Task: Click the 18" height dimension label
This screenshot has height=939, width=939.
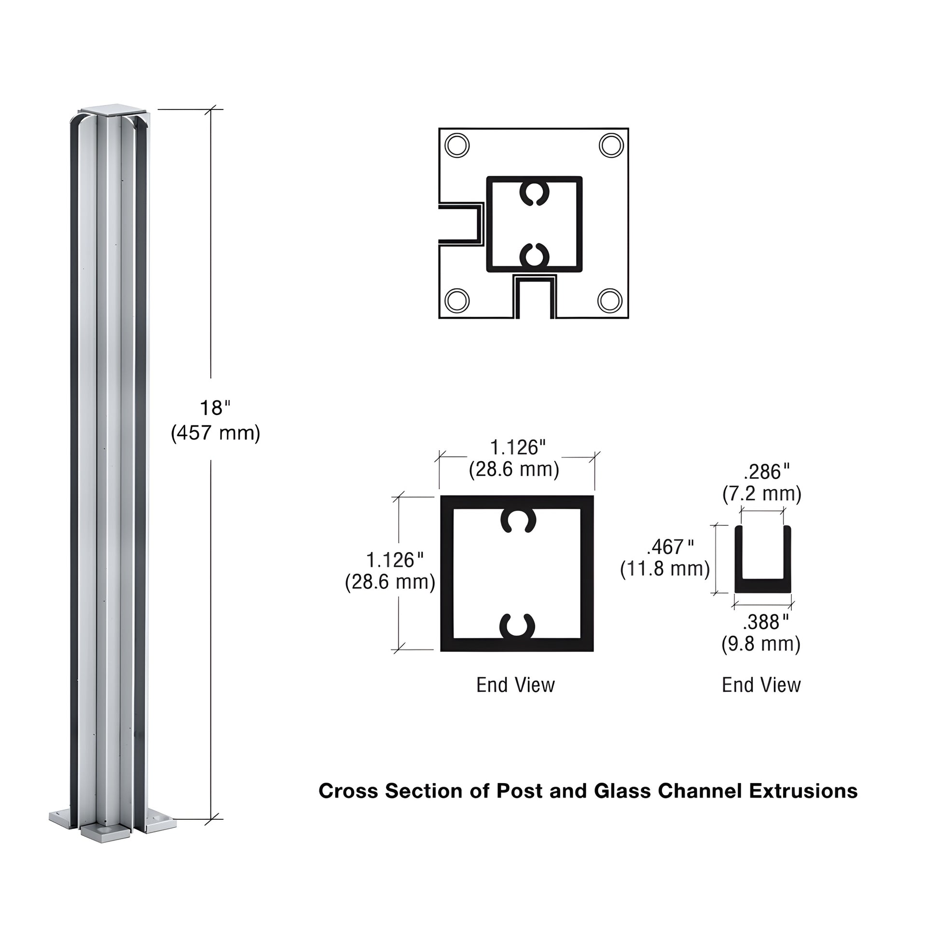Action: tap(214, 408)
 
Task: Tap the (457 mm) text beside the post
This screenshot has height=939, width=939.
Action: tap(215, 432)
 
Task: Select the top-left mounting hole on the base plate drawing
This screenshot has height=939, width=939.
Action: tap(457, 145)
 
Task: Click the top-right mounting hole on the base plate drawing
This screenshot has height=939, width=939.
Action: tap(611, 145)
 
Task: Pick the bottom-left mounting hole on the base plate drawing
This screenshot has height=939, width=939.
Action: tap(457, 300)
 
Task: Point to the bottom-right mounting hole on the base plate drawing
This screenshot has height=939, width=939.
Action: tap(610, 300)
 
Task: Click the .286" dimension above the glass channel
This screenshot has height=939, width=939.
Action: tap(766, 472)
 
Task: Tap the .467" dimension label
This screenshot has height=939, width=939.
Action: tap(670, 547)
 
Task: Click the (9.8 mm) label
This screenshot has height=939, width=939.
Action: tap(760, 644)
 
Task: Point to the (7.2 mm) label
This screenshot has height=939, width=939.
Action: tap(761, 494)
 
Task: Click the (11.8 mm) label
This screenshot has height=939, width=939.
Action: tap(665, 568)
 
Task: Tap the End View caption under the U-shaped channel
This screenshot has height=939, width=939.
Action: tap(761, 685)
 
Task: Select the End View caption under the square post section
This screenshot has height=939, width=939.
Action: tap(515, 685)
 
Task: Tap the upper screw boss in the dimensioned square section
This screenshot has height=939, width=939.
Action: tap(518, 521)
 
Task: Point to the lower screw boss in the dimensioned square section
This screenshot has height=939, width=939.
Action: tap(517, 626)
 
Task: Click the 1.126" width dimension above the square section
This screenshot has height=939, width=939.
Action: tap(518, 448)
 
